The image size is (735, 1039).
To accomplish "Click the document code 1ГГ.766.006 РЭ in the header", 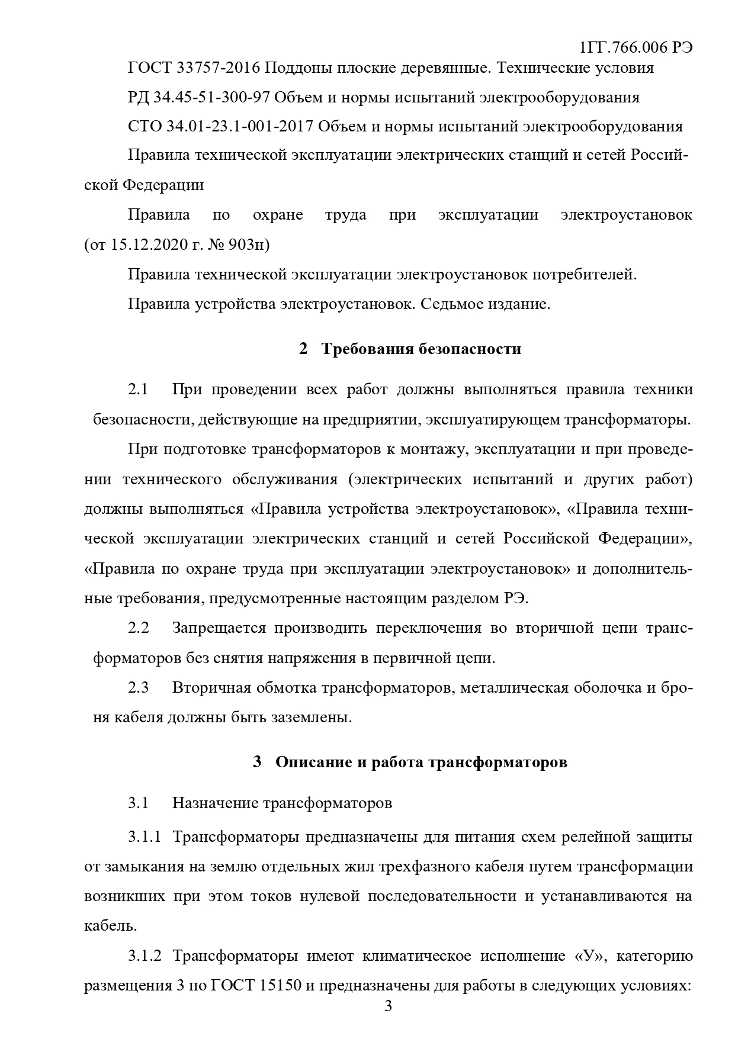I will [x=635, y=47].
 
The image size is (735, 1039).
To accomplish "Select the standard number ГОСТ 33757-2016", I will [x=194, y=68].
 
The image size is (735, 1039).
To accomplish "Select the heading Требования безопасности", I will [x=421, y=349].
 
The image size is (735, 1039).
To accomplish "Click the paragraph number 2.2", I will [x=138, y=628].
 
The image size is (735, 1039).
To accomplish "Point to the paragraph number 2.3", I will [x=138, y=687].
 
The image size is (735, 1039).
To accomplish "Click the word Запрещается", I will [x=219, y=628].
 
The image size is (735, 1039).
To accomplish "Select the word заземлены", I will [x=311, y=717].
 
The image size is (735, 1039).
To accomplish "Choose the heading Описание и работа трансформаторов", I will [x=421, y=762].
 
